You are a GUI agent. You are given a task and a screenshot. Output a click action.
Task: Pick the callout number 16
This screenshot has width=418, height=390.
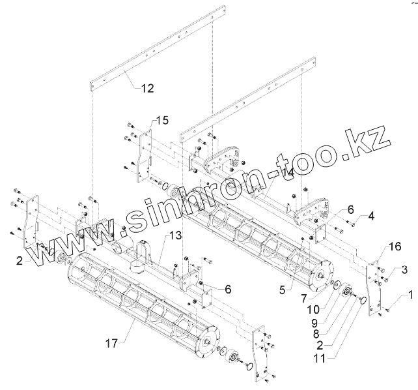coord(395,247)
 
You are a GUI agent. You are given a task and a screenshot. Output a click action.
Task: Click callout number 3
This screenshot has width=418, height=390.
coord(404,269)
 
